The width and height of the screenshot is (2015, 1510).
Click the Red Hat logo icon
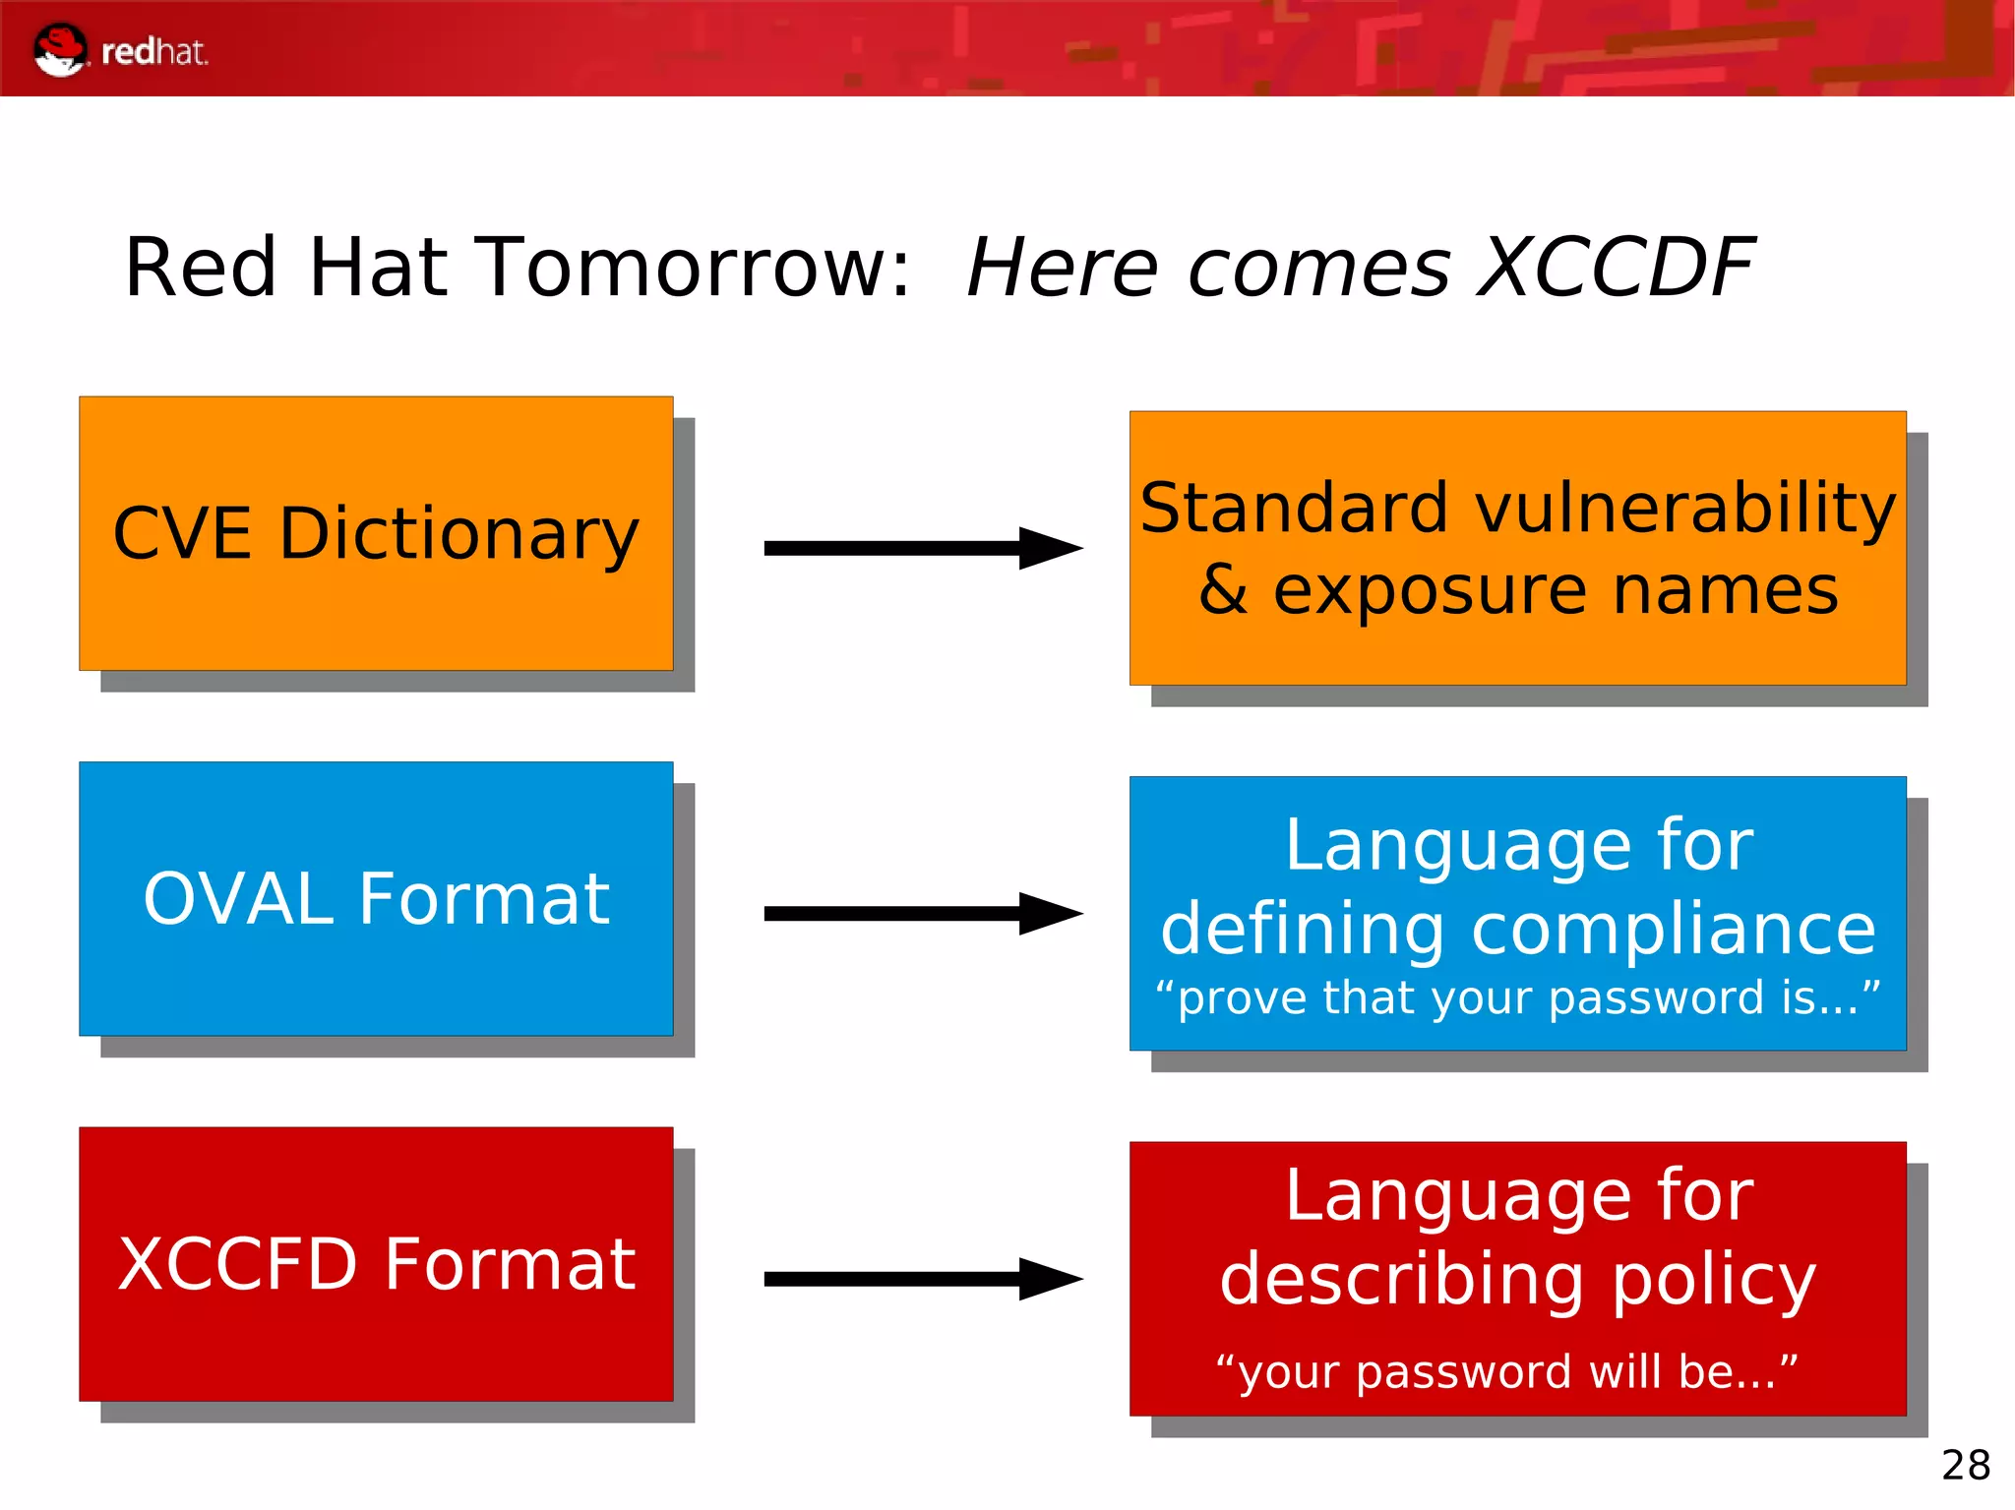(x=59, y=49)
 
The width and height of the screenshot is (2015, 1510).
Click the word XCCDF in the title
(x=1616, y=268)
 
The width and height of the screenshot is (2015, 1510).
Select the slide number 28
(x=1965, y=1465)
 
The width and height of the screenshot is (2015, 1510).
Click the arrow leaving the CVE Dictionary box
(x=922, y=548)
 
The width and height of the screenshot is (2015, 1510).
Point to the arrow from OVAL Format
(x=922, y=914)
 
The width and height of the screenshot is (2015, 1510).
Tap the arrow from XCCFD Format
(x=922, y=1279)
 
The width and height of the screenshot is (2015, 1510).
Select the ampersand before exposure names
(x=1223, y=590)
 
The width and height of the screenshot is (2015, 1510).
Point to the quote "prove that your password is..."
(x=1517, y=997)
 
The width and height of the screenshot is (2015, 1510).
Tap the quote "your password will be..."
(x=1507, y=1371)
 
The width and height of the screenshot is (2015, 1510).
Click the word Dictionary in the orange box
(x=458, y=534)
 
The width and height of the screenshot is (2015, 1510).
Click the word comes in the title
(x=1318, y=268)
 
